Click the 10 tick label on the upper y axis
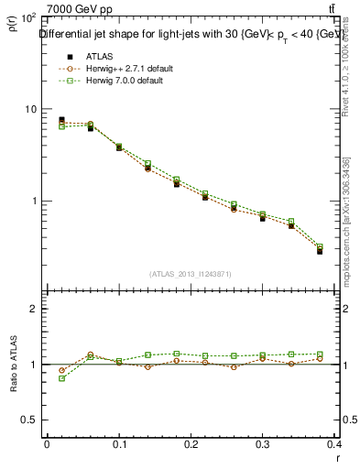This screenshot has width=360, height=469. [x=30, y=109]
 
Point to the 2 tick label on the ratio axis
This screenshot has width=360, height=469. [x=33, y=309]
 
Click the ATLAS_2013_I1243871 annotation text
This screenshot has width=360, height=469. [x=191, y=273]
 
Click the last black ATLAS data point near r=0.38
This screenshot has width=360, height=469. [x=320, y=250]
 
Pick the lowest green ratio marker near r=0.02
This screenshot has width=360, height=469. [x=61, y=378]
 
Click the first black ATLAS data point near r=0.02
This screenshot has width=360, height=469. [x=61, y=119]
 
